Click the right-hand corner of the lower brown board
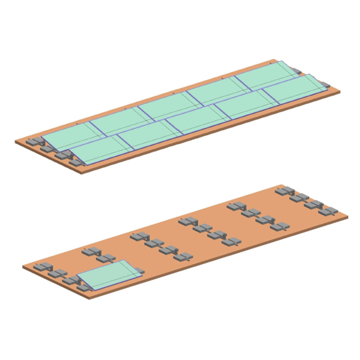coord(348,216)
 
